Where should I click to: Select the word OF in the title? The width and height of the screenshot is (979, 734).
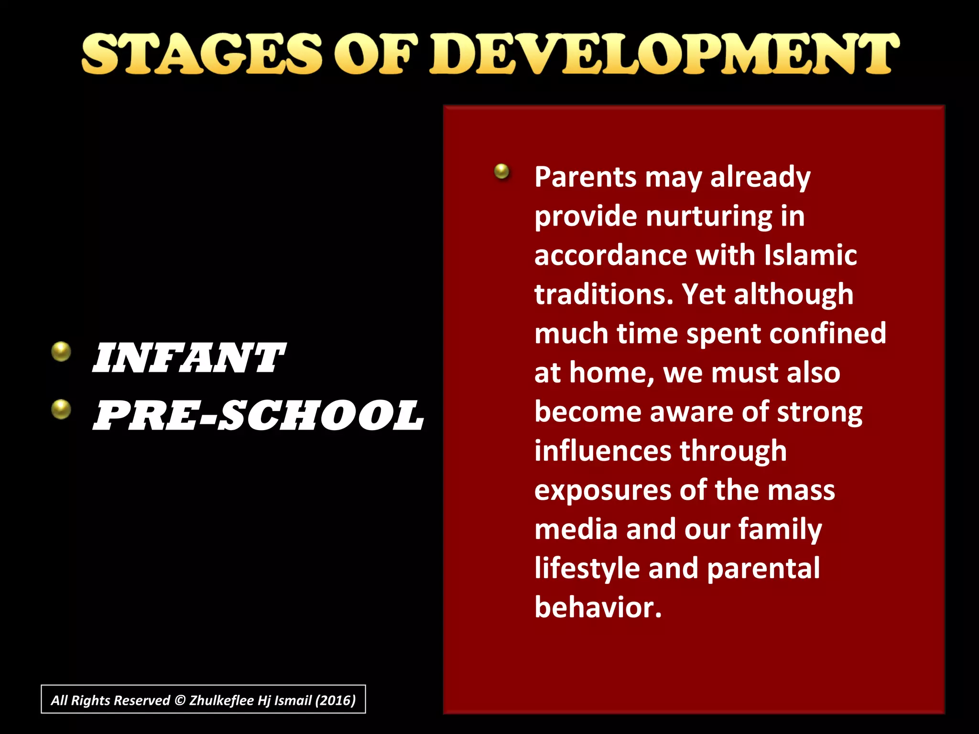(375, 54)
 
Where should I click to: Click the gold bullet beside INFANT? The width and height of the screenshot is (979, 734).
(61, 352)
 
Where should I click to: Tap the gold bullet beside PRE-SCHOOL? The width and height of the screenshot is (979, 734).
(61, 409)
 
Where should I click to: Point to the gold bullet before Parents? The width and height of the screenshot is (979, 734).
(501, 171)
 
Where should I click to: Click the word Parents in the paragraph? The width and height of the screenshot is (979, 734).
(586, 177)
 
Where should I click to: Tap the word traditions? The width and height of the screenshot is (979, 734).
(603, 294)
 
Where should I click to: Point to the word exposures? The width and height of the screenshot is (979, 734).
(603, 491)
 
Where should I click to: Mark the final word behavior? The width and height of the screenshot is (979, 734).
(598, 608)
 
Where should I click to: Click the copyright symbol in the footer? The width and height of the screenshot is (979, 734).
(180, 701)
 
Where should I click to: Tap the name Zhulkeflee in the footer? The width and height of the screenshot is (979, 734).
(221, 701)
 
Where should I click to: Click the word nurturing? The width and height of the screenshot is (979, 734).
(709, 216)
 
